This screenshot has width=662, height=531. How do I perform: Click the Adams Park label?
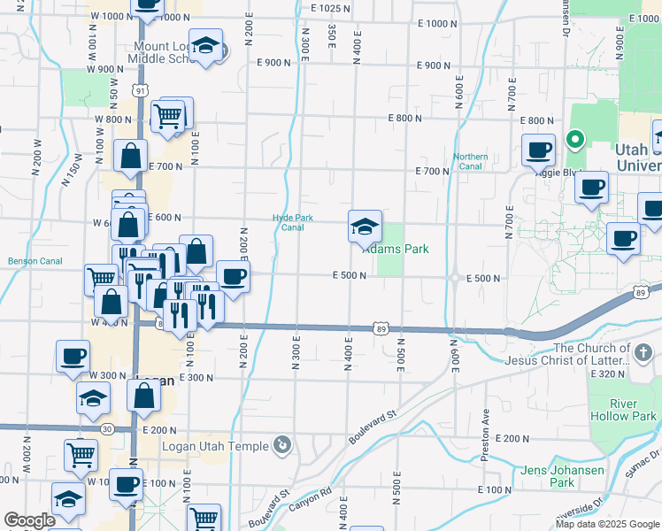coord(398,250)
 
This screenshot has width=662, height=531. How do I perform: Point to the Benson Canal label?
coord(35,261)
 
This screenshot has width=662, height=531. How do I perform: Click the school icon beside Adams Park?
coord(365,227)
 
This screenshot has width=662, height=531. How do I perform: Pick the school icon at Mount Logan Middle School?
coord(206,49)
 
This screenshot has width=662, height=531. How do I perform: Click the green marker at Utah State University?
coord(574,139)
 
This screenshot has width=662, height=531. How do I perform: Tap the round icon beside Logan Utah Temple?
coord(282,444)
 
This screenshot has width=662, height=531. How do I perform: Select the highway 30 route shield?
coord(106,429)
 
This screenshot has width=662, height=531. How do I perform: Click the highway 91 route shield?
coord(140,90)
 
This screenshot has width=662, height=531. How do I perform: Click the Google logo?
coord(29,520)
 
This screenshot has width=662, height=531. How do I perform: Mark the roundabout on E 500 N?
coord(454,277)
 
